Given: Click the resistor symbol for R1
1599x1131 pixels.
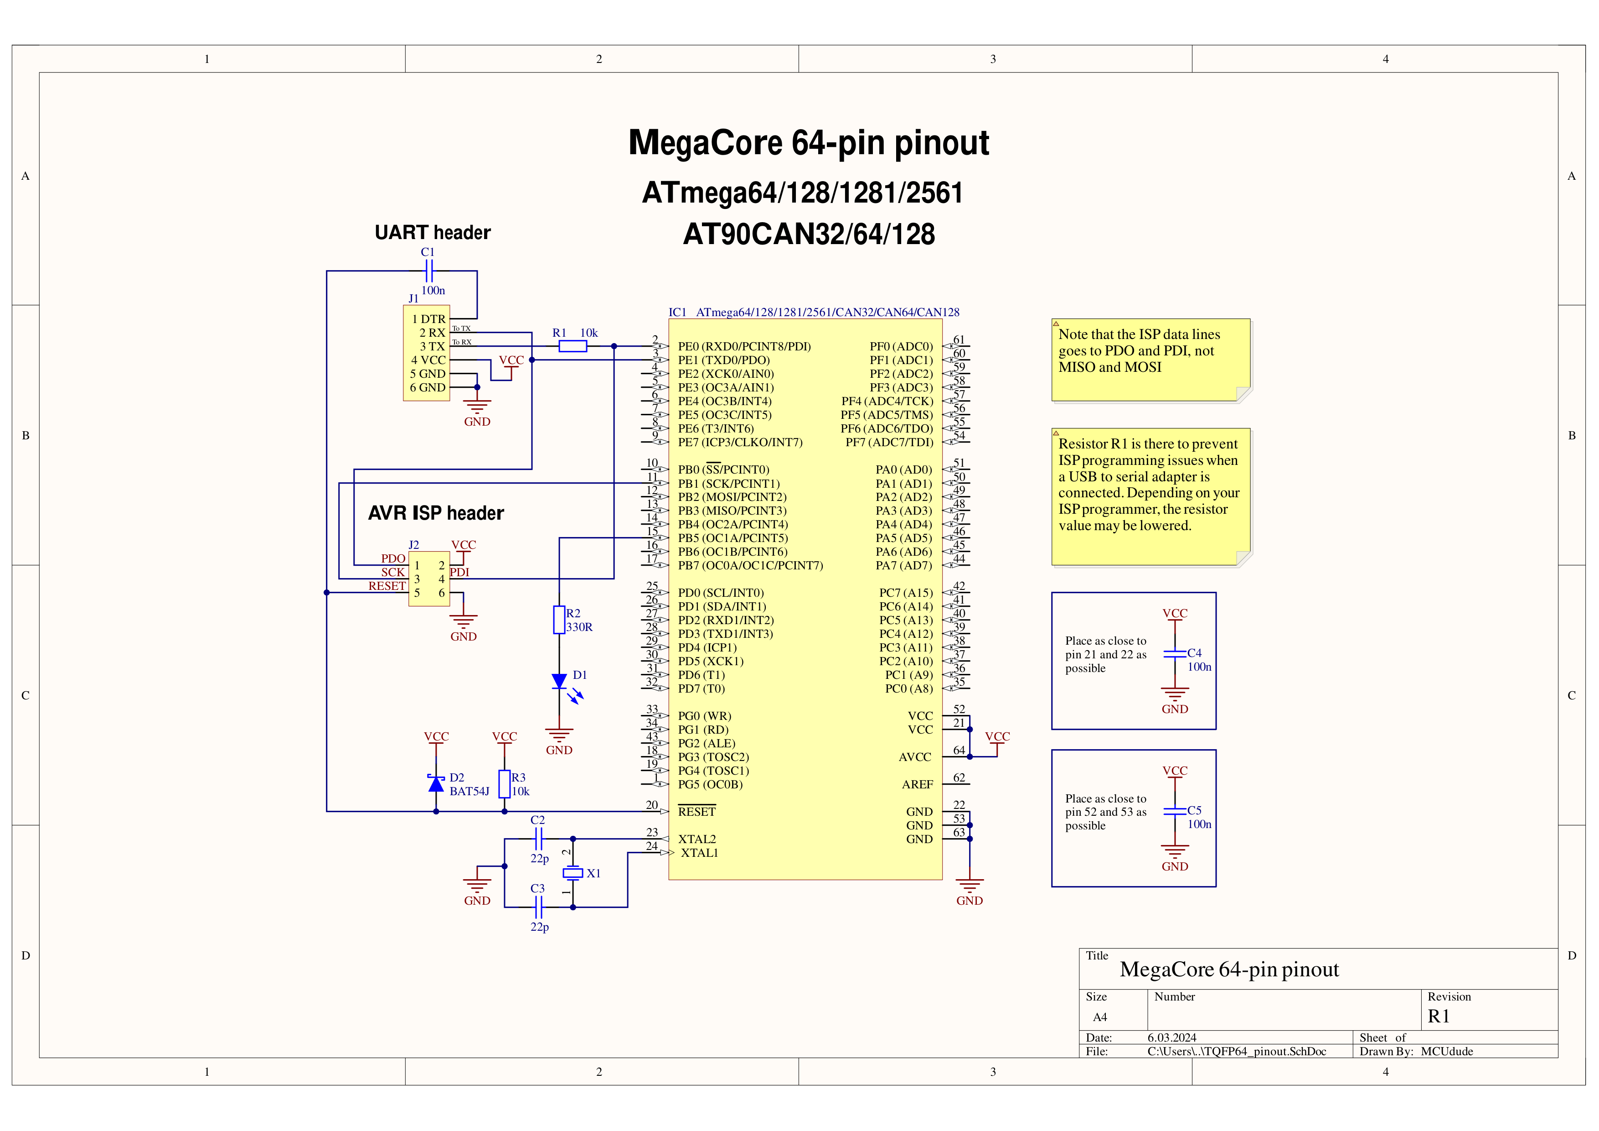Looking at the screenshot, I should point(573,346).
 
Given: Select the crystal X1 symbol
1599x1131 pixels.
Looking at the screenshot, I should point(573,872).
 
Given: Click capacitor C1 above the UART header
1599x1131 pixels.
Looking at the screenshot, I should point(429,271).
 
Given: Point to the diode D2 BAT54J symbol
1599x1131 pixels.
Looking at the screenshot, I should point(436,784).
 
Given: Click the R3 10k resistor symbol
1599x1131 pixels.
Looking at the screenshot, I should point(504,784).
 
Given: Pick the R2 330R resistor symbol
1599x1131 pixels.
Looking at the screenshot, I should point(559,620).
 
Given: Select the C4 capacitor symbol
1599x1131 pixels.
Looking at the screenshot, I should point(1175,654).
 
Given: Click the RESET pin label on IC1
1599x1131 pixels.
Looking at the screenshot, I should point(696,812).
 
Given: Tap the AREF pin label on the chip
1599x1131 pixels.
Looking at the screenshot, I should point(917,785).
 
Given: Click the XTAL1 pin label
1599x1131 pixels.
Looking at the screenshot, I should point(699,853).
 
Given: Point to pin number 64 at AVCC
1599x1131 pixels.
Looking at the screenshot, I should point(959,751).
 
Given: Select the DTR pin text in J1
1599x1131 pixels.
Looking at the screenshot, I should point(433,319).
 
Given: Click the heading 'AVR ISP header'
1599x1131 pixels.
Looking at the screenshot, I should point(436,514).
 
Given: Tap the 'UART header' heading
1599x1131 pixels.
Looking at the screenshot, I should point(433,233).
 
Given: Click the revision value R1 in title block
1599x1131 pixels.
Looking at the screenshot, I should point(1438,1017).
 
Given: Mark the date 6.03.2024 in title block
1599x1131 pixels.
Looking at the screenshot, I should point(1171,1037).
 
